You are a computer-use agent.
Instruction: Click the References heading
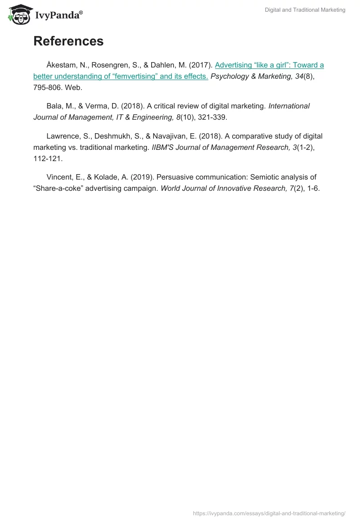coord(68,41)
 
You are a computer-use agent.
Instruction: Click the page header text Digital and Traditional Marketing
coord(305,10)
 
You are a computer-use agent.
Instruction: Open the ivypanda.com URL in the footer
coord(269,513)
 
